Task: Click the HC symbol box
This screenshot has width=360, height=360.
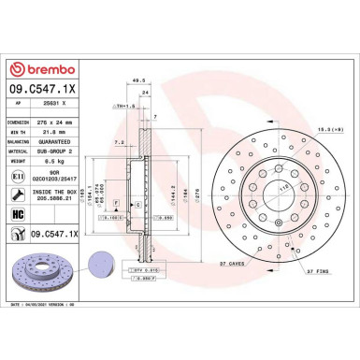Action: click(x=19, y=215)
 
